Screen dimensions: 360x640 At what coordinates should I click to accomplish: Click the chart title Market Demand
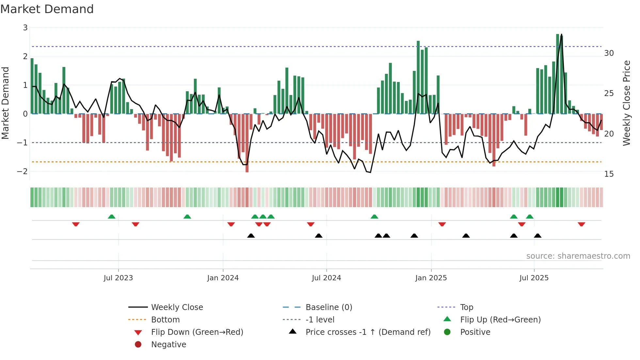click(x=47, y=9)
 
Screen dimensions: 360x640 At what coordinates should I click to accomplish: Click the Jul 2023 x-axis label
click(x=118, y=278)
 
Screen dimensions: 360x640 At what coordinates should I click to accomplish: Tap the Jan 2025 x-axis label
click(x=431, y=278)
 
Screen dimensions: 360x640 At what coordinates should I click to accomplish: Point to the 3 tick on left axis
click(x=25, y=28)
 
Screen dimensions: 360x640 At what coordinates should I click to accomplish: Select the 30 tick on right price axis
click(x=609, y=53)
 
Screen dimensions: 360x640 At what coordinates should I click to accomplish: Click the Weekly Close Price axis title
click(x=626, y=103)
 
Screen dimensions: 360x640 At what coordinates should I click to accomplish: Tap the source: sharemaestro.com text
click(x=578, y=256)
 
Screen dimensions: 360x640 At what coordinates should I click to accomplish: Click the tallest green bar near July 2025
click(x=558, y=74)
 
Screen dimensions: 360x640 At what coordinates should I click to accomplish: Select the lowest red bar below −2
click(x=247, y=144)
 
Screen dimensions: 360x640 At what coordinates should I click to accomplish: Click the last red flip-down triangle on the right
click(x=581, y=224)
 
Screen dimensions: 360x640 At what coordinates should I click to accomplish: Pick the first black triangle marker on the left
click(x=251, y=236)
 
